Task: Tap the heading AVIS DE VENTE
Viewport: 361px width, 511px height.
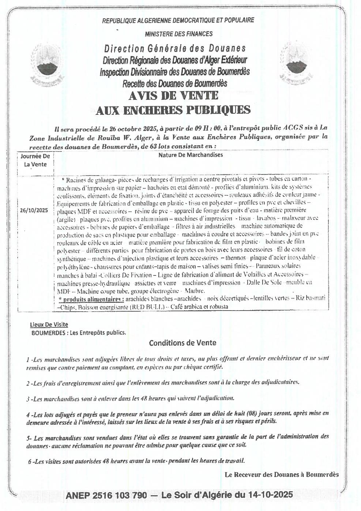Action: coord(173,96)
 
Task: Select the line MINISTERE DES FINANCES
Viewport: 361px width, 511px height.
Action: coord(178,34)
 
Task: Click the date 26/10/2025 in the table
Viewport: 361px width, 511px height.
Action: coord(35,211)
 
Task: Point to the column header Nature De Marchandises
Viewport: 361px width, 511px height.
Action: coord(191,155)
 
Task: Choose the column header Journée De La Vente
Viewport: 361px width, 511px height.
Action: coord(35,160)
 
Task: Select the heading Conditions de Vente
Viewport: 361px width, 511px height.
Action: coord(183,343)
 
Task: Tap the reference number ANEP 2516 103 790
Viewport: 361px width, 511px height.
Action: coord(106,495)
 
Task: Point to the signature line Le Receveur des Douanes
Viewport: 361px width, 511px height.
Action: coord(282,475)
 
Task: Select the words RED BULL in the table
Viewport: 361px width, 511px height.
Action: coord(146,307)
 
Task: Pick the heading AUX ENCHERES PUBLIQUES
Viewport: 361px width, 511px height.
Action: coord(173,110)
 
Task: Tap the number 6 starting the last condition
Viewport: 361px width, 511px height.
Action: coord(30,461)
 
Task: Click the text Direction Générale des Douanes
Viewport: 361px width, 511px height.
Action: coord(175,48)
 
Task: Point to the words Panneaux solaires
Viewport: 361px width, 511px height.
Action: coord(278,266)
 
